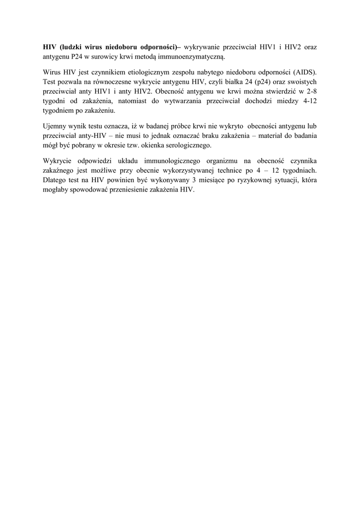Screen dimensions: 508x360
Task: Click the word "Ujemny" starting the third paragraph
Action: tap(54, 127)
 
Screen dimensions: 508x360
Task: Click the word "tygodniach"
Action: tap(299, 172)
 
